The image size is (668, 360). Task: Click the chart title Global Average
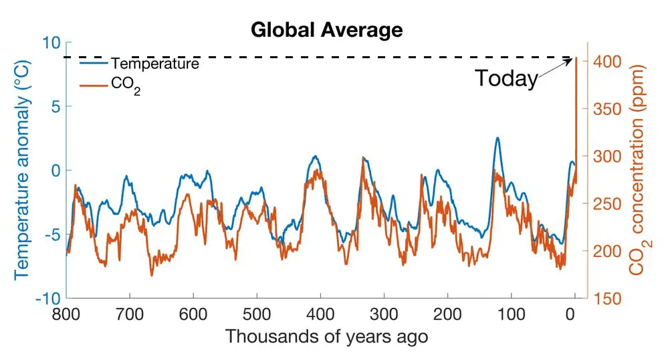(x=327, y=30)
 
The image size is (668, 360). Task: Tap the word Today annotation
(x=506, y=78)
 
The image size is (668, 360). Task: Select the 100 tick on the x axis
(x=511, y=314)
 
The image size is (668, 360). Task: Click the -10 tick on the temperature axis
(x=47, y=298)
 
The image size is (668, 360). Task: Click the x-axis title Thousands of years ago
(x=326, y=336)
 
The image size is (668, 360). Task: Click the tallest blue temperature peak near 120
(x=497, y=139)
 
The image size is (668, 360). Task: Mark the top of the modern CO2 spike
(x=576, y=59)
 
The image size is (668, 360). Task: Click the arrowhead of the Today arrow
(x=574, y=60)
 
